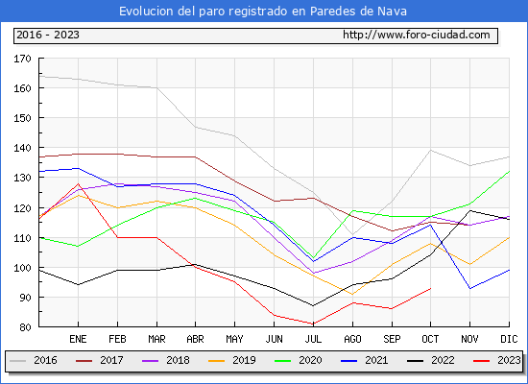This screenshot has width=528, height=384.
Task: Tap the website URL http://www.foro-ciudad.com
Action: click(x=417, y=35)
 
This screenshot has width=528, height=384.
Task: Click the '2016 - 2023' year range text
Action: click(x=48, y=35)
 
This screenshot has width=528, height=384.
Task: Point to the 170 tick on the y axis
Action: click(x=23, y=59)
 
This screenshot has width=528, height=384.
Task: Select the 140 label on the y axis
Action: click(x=23, y=148)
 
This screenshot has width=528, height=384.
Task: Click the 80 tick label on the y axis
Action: click(x=25, y=327)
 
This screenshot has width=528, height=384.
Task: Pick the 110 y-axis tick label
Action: click(x=23, y=238)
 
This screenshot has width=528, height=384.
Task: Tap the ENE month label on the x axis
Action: click(x=78, y=339)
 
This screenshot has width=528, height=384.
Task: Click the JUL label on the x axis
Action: click(x=313, y=339)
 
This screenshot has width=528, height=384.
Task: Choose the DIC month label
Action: click(x=509, y=339)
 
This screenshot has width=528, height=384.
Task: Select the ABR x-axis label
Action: click(x=195, y=339)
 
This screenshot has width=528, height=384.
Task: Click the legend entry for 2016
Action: click(x=34, y=360)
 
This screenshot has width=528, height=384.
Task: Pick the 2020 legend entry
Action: click(x=299, y=360)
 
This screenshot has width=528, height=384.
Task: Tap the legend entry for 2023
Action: click(x=497, y=360)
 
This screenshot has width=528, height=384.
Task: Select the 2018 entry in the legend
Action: click(x=166, y=360)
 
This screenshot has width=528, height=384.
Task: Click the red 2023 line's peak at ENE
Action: click(x=78, y=183)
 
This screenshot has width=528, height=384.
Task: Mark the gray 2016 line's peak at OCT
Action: click(x=431, y=150)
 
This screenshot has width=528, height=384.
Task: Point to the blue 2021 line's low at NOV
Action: click(x=469, y=288)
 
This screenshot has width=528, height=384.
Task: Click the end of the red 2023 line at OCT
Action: click(x=431, y=288)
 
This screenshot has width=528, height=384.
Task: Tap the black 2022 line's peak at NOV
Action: click(x=469, y=211)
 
